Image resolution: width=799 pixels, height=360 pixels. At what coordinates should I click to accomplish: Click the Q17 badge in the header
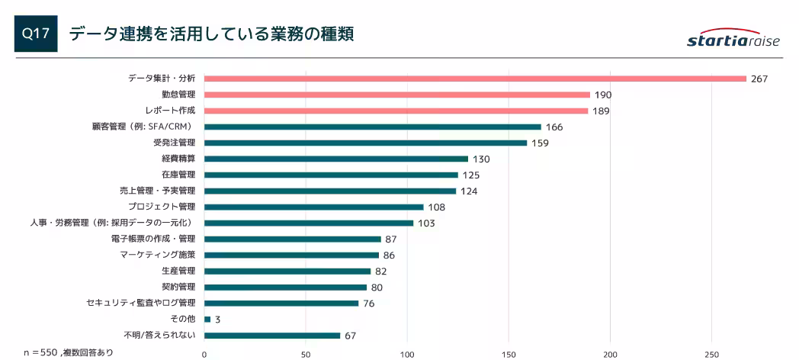coord(36,35)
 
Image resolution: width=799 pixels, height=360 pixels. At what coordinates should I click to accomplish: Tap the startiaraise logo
coord(733,40)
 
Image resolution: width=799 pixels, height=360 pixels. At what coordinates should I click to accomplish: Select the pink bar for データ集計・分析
coord(474,79)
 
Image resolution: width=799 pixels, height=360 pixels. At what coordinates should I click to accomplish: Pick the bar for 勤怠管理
coord(396,95)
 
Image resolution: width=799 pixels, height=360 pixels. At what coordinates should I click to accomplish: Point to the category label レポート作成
coord(170,111)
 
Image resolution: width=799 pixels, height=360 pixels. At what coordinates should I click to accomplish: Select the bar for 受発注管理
coord(365,143)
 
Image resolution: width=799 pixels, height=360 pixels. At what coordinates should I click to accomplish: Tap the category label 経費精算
coord(178,159)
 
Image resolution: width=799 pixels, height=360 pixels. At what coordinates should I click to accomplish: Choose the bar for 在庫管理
coord(331,175)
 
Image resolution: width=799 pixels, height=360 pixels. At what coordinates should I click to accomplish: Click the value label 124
coord(469,191)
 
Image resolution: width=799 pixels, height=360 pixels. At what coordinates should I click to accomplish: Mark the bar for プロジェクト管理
coord(313,207)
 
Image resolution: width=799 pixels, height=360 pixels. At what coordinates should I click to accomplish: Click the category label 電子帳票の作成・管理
coord(152,239)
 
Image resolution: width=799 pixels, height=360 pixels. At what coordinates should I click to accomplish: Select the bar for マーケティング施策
coord(291,255)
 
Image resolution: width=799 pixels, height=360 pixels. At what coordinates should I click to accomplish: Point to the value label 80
coord(377,287)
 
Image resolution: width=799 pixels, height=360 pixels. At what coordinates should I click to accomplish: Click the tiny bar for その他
coord(207,319)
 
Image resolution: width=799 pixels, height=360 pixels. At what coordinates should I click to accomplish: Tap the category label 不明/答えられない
coord(159,335)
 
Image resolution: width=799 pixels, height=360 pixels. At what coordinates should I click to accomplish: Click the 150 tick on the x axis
coord(509,354)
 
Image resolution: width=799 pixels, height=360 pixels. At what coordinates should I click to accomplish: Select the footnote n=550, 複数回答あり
coord(69,352)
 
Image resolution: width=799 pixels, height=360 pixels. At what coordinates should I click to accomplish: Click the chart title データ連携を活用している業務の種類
coord(211,35)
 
